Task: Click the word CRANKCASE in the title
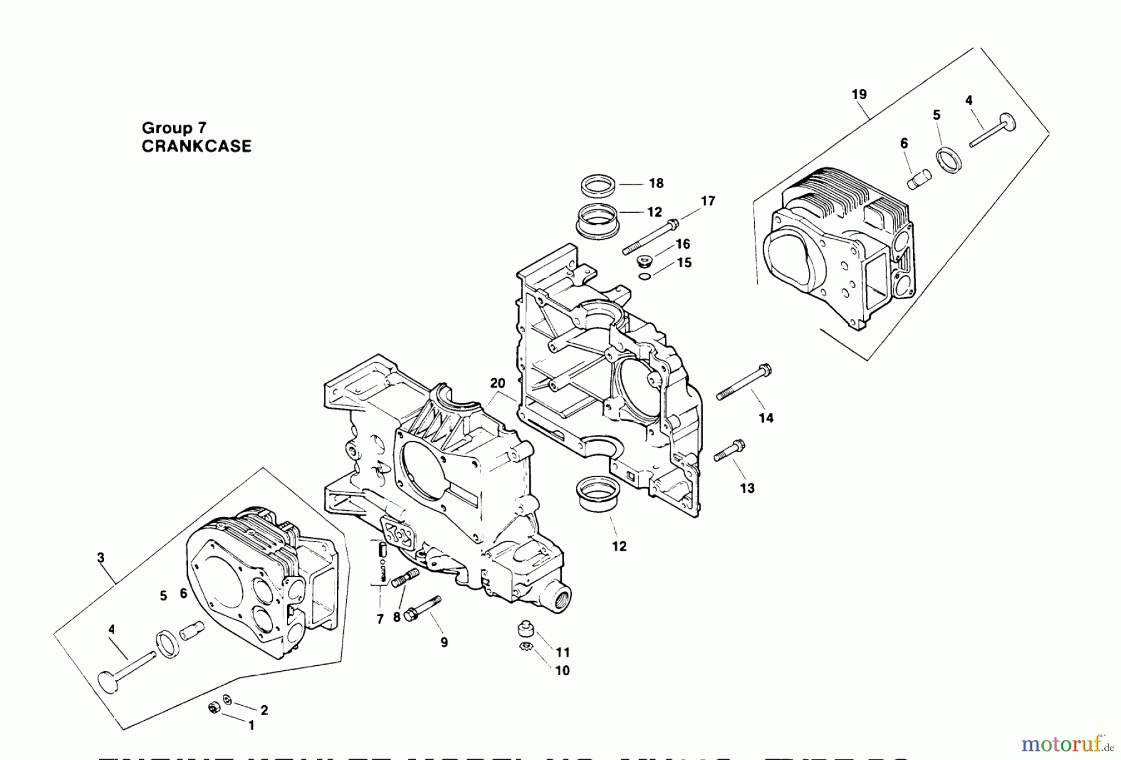[197, 146]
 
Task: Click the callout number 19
[859, 95]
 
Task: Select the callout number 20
[497, 384]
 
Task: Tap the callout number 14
[766, 418]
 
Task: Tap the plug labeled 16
[644, 260]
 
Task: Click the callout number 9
[443, 642]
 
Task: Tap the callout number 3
[101, 558]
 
